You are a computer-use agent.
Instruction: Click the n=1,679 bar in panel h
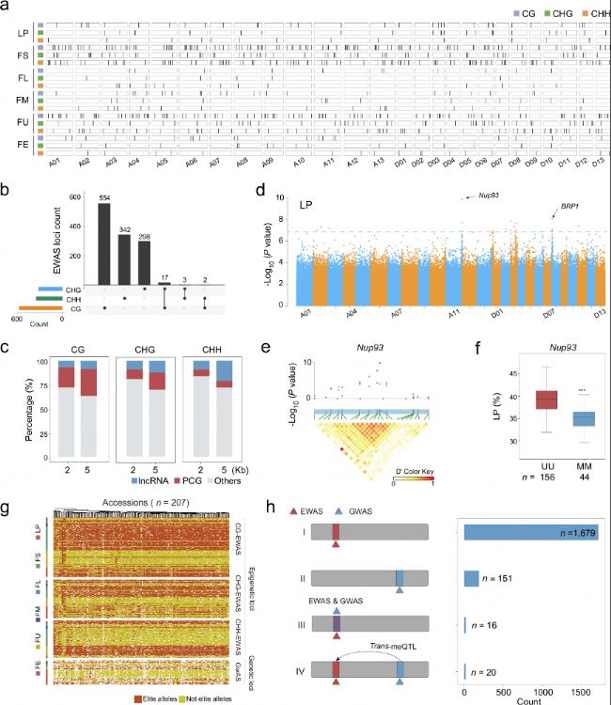point(531,533)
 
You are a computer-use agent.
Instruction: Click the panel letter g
point(8,508)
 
